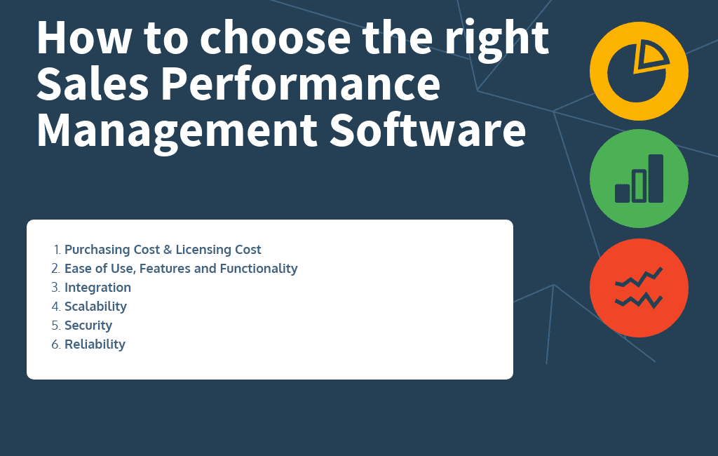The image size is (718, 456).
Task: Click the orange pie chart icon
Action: point(639,72)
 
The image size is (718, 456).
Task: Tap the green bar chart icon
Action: point(639,178)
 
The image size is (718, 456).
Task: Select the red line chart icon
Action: point(639,288)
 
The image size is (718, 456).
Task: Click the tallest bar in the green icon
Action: point(656,178)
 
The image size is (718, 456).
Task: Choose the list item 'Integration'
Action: point(97,288)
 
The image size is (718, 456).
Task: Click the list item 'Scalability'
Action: point(95,307)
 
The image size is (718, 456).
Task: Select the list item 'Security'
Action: point(88,326)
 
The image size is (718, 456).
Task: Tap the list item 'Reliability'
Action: point(95,344)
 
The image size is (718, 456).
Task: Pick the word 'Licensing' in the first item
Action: point(204,250)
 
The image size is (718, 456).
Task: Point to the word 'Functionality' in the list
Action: point(259,269)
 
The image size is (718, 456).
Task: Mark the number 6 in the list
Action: point(55,344)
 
